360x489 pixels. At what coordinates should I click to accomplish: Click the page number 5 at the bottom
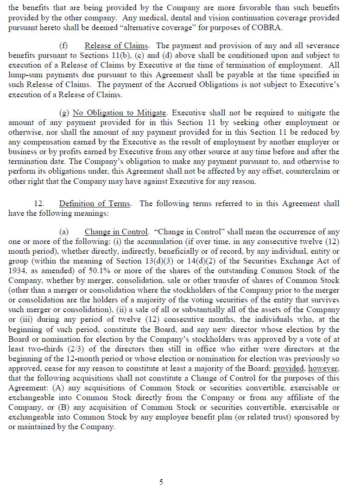point(161,482)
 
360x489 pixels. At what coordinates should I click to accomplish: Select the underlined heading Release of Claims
point(116,46)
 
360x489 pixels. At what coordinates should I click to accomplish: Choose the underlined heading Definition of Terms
point(95,204)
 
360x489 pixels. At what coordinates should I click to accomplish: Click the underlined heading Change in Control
point(116,232)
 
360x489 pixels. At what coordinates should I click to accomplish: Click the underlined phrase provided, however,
point(306,369)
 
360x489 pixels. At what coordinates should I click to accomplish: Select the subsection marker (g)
point(64,113)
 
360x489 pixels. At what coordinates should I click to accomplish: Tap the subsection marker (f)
point(63,46)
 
